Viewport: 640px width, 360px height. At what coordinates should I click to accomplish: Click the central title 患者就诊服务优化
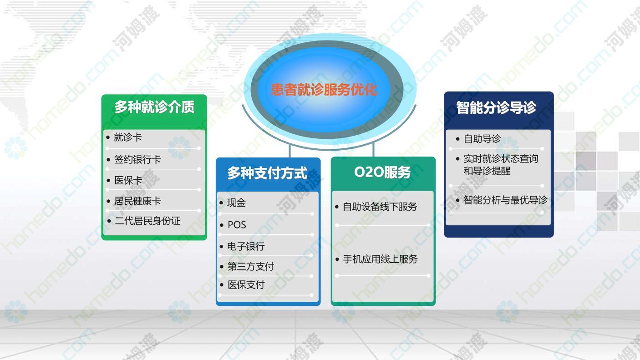324,89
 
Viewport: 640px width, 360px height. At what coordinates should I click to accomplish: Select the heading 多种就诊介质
154,107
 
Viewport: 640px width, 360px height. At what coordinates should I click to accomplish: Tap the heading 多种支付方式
267,173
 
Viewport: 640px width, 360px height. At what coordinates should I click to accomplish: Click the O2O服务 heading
382,172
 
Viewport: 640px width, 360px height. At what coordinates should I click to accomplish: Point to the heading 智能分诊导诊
496,108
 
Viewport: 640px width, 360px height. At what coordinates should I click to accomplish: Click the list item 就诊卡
128,137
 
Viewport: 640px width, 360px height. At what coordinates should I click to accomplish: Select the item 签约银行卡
137,159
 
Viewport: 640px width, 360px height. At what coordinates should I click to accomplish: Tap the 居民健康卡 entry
137,201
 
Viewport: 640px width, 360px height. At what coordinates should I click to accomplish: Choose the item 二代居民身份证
147,221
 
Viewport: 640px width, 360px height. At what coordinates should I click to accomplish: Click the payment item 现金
236,203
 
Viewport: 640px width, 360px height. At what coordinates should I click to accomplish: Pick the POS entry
237,225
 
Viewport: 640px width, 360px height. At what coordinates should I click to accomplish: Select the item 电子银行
246,246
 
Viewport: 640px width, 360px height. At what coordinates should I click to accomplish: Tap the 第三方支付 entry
250,267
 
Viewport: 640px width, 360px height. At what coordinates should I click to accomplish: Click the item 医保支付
246,285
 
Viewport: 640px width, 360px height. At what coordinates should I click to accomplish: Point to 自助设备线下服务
380,207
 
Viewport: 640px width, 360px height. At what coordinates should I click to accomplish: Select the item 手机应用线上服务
380,259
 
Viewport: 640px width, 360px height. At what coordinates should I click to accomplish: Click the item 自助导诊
482,139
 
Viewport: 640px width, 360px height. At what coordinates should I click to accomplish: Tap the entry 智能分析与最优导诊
505,200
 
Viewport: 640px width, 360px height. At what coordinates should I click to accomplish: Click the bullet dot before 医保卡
108,181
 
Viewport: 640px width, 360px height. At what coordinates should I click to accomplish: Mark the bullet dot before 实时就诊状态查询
458,159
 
